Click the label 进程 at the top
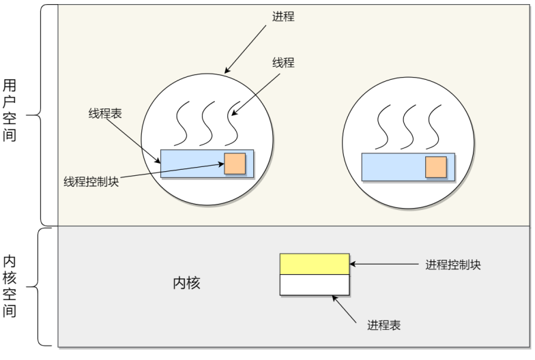tap(283, 16)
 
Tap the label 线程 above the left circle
tap(283, 63)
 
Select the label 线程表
tap(105, 113)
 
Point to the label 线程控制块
tap(91, 181)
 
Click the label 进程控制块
tap(453, 265)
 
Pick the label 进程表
tap(384, 325)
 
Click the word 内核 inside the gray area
tap(187, 283)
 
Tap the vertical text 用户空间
tap(10, 110)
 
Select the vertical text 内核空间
tap(10, 286)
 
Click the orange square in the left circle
tap(235, 164)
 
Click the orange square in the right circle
tap(436, 167)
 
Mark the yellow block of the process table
tap(315, 264)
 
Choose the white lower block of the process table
tap(315, 285)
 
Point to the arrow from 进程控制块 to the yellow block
tap(384, 264)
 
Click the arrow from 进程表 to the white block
tap(344, 310)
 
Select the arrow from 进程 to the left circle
tap(246, 49)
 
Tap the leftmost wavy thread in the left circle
tap(182, 123)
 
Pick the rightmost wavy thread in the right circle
tap(433, 127)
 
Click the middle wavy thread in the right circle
tap(408, 127)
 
